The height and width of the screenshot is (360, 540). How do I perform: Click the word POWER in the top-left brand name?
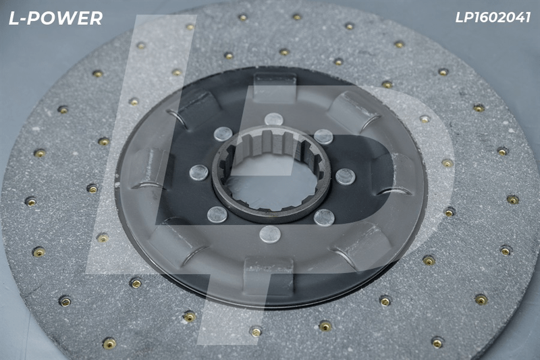click(x=65, y=18)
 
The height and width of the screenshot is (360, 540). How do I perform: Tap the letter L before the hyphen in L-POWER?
click(x=13, y=18)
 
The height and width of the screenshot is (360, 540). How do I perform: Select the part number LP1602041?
click(x=493, y=18)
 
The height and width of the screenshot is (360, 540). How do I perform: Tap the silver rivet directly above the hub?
click(x=274, y=120)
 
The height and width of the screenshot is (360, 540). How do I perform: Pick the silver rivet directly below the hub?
click(x=270, y=234)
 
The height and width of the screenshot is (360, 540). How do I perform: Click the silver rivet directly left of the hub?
click(x=199, y=173)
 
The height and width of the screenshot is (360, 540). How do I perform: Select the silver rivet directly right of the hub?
click(x=346, y=177)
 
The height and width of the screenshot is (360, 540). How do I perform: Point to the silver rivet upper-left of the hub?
click(x=223, y=134)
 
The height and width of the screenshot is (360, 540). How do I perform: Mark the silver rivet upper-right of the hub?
click(x=323, y=136)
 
